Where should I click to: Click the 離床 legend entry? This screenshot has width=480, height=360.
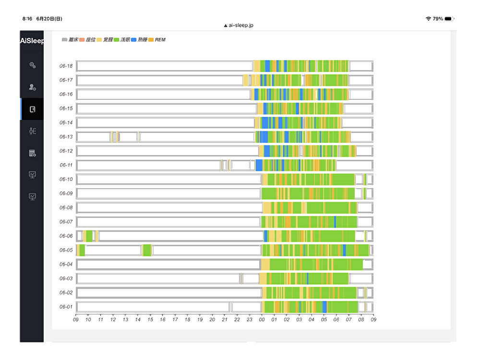pos(70,40)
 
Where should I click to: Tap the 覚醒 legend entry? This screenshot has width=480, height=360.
pos(106,40)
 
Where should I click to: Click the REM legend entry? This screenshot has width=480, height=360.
pos(157,40)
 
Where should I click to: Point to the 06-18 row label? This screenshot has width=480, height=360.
pos(66,66)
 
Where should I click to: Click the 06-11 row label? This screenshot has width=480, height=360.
pos(66,165)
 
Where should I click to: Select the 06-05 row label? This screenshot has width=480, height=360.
pos(66,250)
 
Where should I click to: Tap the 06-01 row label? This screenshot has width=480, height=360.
pos(66,307)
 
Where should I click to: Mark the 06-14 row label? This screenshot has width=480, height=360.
pos(66,123)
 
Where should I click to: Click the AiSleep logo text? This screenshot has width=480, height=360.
pos(32,41)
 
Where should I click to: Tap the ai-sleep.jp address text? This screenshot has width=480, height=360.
pos(248,25)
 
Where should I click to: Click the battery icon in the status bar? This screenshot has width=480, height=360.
pos(449,19)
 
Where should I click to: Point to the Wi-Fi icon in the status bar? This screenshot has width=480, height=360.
pos(428,19)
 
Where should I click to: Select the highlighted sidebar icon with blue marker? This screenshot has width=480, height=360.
pos(33,109)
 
